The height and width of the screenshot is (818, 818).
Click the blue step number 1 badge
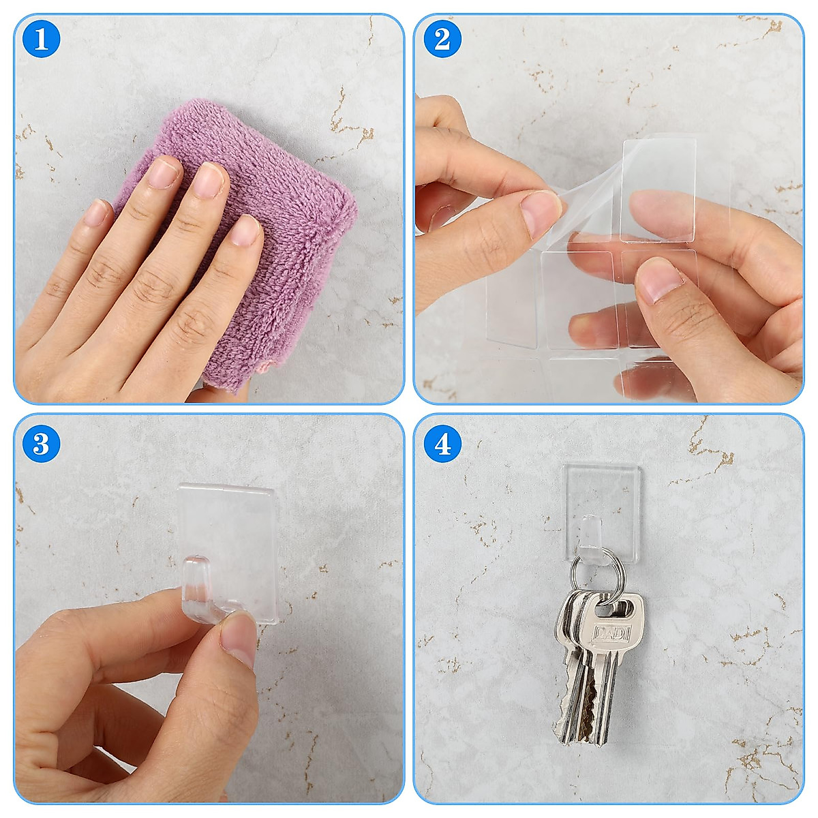tap(42, 39)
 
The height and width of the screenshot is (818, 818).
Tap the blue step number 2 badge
tap(442, 39)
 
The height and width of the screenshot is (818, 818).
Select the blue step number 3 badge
tap(42, 444)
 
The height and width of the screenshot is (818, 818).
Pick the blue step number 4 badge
tap(442, 444)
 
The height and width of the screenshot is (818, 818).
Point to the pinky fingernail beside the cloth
tap(98, 213)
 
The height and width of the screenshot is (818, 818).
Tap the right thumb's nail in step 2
tap(658, 281)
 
